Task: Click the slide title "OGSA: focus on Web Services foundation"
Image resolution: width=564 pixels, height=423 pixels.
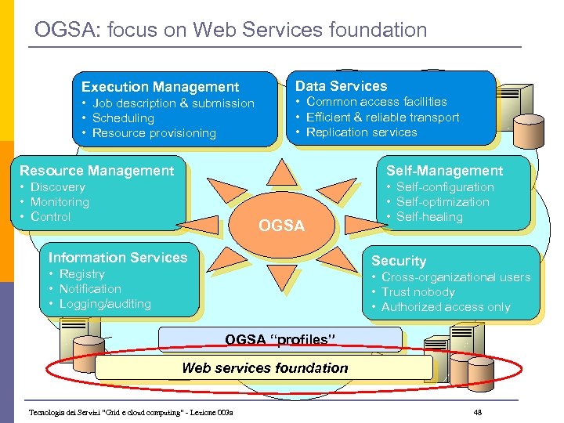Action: [x=231, y=31]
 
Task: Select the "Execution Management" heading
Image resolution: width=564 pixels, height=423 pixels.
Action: [x=160, y=87]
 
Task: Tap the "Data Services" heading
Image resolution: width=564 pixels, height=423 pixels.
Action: [x=341, y=86]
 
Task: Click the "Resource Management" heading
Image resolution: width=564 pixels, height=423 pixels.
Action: [x=96, y=171]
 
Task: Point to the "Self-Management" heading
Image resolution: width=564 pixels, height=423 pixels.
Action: [x=444, y=171]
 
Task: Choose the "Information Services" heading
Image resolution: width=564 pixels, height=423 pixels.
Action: [x=117, y=258]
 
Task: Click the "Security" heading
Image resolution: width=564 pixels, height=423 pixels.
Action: [x=398, y=261]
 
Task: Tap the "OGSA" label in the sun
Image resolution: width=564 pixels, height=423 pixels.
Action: [x=281, y=226]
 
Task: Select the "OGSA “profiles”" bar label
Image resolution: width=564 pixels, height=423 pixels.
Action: [x=280, y=339]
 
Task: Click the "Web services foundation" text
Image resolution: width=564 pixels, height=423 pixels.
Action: [x=265, y=367]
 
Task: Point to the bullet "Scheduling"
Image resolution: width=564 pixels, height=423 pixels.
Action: [x=123, y=118]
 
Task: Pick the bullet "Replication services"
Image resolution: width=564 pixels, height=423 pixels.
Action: [x=361, y=132]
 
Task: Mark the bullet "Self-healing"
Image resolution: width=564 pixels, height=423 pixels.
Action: [x=429, y=217]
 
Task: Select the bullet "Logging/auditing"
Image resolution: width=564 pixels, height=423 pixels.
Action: [x=105, y=304]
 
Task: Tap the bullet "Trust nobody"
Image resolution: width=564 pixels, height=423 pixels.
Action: [x=418, y=292]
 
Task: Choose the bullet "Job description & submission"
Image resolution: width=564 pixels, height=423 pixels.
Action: [x=173, y=103]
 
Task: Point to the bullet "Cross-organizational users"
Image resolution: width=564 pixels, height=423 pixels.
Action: [x=455, y=277]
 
